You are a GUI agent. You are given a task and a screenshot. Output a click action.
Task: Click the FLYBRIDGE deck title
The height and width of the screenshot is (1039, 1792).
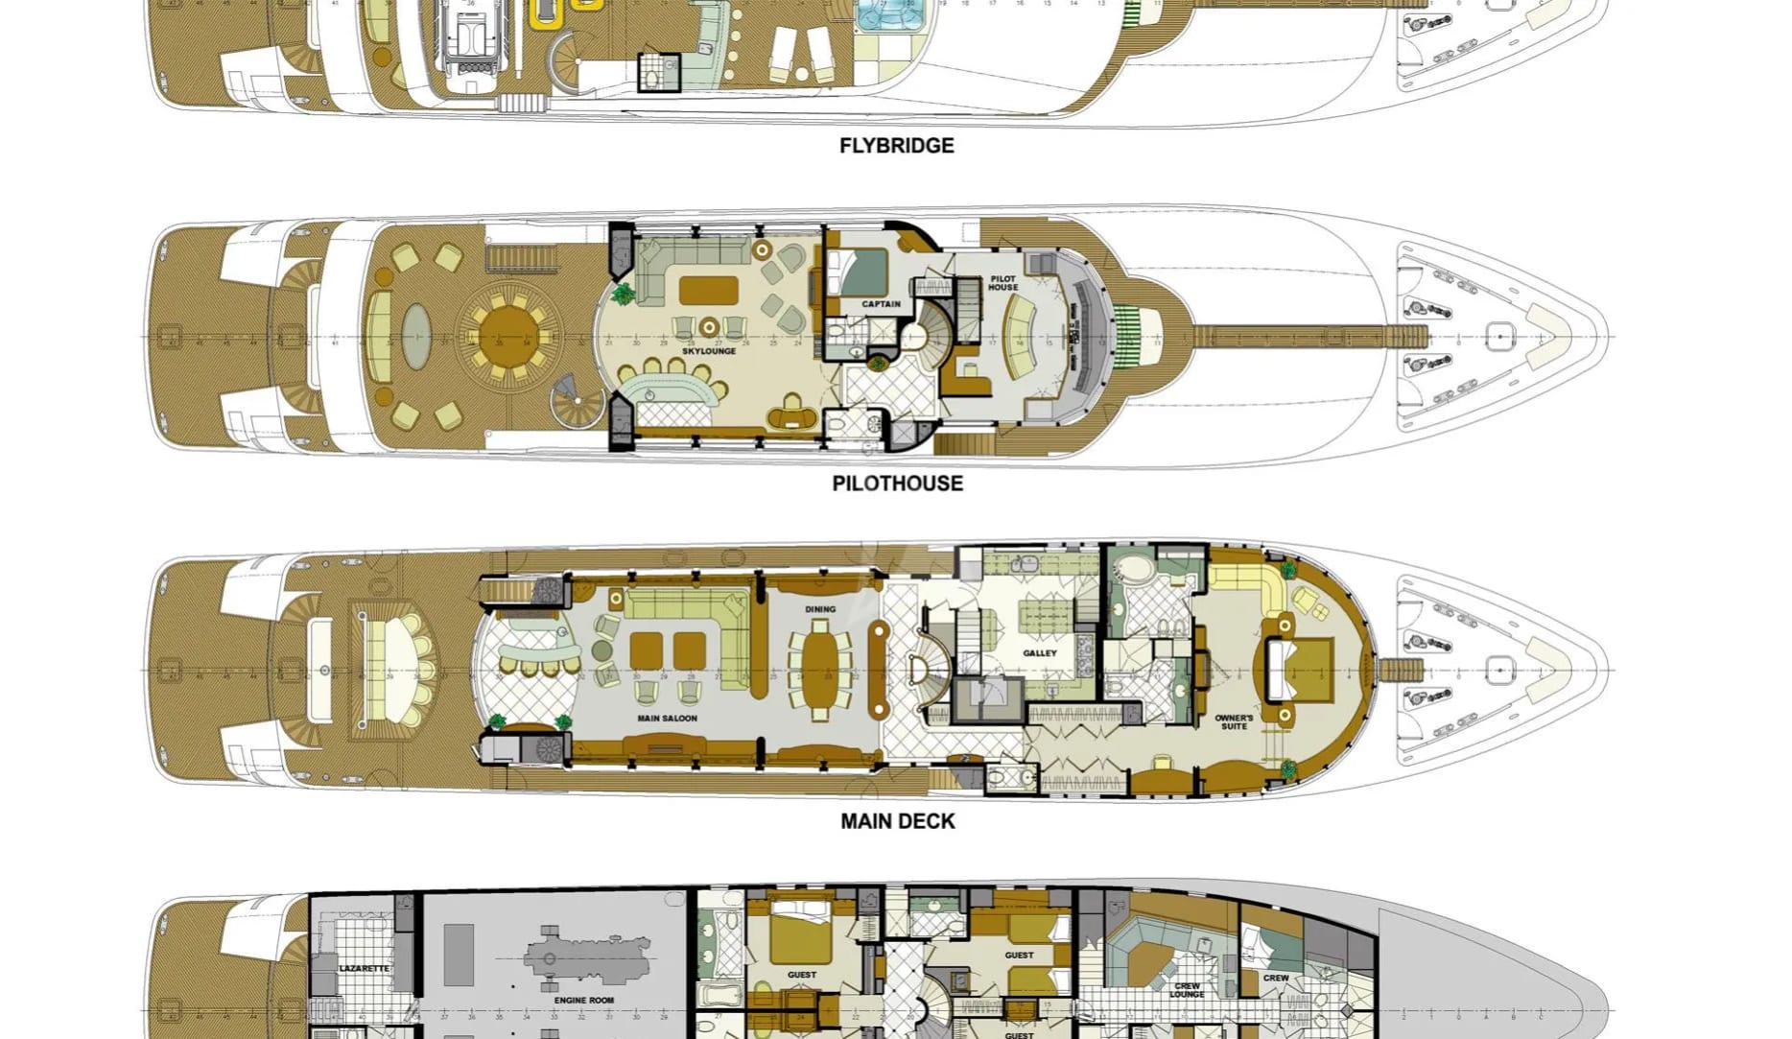point(896,146)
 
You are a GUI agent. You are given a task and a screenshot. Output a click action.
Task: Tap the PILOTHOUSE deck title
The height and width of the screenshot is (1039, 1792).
point(897,484)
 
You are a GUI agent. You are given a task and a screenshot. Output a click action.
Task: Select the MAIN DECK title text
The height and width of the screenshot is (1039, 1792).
point(897,821)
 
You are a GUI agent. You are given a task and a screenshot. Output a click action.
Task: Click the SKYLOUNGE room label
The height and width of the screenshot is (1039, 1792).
point(709,351)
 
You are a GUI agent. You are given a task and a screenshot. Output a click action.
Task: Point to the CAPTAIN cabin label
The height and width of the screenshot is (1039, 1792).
point(881,304)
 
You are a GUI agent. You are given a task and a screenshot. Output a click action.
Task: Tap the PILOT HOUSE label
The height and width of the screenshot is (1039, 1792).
point(1003,283)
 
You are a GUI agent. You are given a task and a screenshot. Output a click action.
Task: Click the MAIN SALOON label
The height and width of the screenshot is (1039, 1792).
point(667,718)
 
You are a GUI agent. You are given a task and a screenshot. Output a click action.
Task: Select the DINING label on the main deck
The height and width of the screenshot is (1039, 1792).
point(820,609)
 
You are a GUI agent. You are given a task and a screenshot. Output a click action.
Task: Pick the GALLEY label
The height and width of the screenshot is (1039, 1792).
point(1040,653)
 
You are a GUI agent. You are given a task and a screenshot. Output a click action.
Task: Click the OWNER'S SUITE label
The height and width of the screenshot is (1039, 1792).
point(1234,721)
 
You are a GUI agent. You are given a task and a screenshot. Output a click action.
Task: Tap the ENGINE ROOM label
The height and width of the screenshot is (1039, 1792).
point(583,1000)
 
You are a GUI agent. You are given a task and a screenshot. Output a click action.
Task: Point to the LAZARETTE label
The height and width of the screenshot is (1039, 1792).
point(365,969)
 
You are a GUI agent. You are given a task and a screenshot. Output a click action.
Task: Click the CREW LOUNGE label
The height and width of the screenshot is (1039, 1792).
point(1187,989)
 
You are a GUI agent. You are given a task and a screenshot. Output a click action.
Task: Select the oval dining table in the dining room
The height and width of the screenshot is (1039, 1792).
point(820,669)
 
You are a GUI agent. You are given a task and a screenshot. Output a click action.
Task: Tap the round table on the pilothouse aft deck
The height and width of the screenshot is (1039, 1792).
point(505,336)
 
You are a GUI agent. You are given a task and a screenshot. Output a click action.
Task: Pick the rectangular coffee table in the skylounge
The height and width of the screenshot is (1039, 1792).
point(708,289)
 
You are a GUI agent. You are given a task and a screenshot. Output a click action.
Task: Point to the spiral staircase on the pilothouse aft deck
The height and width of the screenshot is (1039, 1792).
point(578,403)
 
